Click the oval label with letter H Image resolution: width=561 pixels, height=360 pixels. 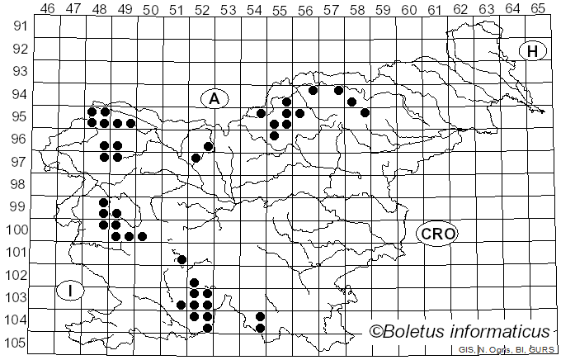(x=533, y=51)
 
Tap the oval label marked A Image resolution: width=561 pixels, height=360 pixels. (x=214, y=99)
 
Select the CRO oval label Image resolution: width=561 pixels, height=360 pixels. (x=437, y=234)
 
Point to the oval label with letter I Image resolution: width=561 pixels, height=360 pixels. (x=71, y=291)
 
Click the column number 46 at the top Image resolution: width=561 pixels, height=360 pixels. (x=48, y=8)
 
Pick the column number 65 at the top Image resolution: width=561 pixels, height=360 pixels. (x=537, y=8)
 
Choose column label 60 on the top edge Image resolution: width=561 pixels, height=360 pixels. (x=408, y=8)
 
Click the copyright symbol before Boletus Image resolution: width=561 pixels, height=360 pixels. (x=376, y=332)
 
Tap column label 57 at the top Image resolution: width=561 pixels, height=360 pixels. (x=331, y=8)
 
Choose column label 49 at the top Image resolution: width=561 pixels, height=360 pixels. (x=125, y=8)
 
